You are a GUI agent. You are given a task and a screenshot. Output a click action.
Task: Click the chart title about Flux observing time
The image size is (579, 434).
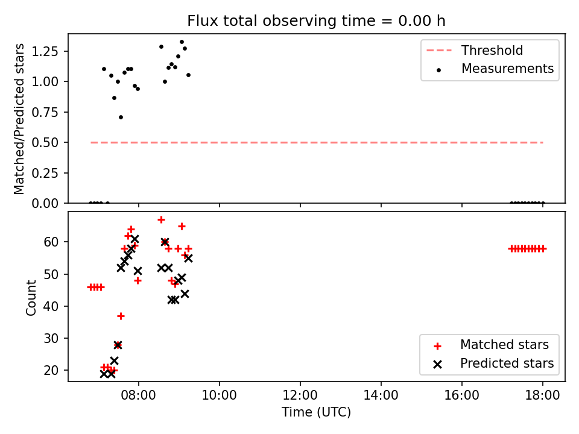pyautogui.click(x=316, y=20)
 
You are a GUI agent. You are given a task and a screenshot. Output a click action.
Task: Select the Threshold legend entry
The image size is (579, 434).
pyautogui.click(x=475, y=50)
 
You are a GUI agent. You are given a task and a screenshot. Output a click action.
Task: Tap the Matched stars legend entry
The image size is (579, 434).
pyautogui.click(x=491, y=345)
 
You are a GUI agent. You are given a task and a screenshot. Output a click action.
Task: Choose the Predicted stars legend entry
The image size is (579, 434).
pyautogui.click(x=493, y=363)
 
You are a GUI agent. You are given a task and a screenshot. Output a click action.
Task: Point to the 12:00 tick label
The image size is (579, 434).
pyautogui.click(x=300, y=395)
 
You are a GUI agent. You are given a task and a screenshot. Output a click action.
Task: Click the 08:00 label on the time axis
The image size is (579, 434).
pyautogui.click(x=139, y=395)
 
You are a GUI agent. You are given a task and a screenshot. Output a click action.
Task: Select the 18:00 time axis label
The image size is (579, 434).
pyautogui.click(x=542, y=395)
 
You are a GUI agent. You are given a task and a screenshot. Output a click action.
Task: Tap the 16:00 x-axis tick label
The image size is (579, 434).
pyautogui.click(x=461, y=395)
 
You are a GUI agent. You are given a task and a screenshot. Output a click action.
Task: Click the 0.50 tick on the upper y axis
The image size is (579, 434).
pyautogui.click(x=45, y=142)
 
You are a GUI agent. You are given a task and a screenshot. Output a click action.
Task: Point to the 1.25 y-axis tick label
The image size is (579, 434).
pyautogui.click(x=45, y=51)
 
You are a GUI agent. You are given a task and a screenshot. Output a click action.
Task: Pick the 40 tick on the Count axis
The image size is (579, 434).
pyautogui.click(x=51, y=306)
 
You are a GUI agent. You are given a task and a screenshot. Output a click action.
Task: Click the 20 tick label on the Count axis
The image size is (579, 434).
pyautogui.click(x=51, y=370)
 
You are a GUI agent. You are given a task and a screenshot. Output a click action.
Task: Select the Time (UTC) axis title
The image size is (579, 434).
pyautogui.click(x=316, y=412)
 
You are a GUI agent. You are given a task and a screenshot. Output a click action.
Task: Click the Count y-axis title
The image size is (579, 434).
pyautogui.click(x=31, y=298)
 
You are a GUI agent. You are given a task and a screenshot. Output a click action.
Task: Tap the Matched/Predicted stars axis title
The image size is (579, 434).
pyautogui.click(x=19, y=119)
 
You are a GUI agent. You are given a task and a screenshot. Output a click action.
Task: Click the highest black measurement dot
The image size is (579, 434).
pyautogui.click(x=182, y=42)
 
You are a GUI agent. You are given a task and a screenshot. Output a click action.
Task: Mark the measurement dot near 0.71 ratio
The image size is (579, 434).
pyautogui.click(x=121, y=118)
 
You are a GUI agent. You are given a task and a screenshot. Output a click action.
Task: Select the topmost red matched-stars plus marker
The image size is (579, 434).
pyautogui.click(x=161, y=220)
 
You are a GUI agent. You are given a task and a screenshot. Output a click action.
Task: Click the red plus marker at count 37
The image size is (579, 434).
pyautogui.click(x=121, y=316)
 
